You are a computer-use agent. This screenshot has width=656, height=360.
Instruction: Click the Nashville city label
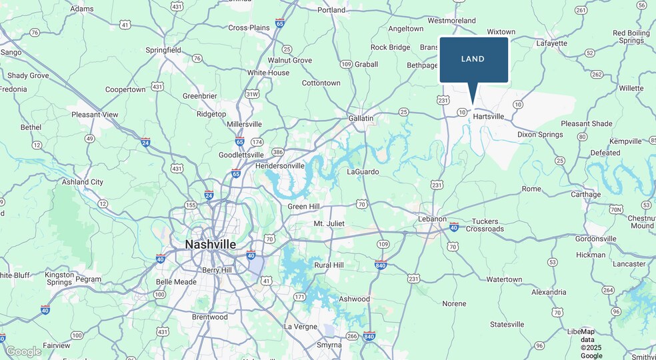(210, 245)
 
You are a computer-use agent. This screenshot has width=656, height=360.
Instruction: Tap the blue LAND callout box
(473, 59)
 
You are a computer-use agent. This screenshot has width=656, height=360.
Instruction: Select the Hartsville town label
(488, 117)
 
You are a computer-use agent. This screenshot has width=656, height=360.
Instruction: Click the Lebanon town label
(432, 219)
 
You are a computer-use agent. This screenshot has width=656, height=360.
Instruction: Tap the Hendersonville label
(280, 165)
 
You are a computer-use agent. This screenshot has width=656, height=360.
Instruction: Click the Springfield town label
(163, 50)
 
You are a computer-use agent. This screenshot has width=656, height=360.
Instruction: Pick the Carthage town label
(585, 195)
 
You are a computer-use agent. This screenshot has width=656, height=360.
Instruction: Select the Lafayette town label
(551, 43)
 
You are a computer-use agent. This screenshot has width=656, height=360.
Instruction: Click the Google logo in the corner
(23, 351)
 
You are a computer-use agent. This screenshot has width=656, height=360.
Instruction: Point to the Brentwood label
(209, 317)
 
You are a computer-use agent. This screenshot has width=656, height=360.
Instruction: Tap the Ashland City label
(83, 182)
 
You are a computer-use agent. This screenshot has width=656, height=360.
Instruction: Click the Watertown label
(504, 279)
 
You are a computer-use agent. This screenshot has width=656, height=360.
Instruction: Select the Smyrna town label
(329, 345)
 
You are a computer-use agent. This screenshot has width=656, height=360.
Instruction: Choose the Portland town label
(331, 10)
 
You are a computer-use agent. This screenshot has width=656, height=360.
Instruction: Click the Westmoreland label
(452, 21)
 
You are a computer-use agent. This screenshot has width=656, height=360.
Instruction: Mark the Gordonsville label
(595, 239)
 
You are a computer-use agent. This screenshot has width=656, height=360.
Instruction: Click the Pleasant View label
(95, 115)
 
